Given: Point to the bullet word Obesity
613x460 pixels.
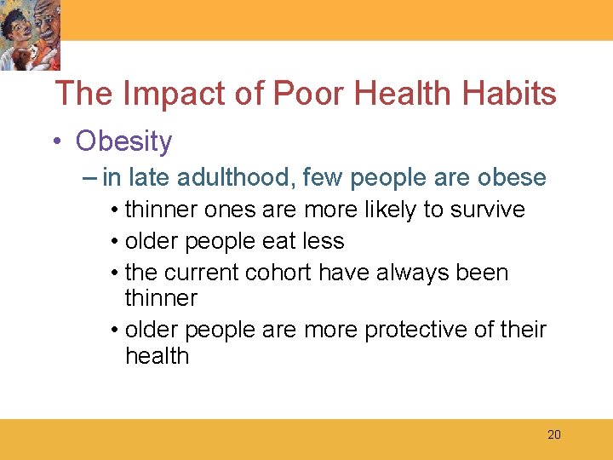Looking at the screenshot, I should [123, 141].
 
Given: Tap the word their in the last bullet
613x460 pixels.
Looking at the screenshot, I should [521, 330].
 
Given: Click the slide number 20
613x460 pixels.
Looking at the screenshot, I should [554, 435].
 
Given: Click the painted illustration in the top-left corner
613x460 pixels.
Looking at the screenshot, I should [31, 35].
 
